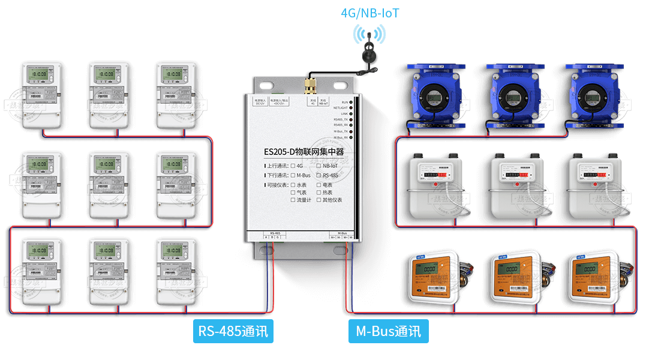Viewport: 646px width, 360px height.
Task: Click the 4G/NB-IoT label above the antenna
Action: (369, 13)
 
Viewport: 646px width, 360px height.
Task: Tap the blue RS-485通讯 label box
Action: (233, 331)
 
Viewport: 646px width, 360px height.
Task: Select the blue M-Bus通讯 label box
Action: (388, 331)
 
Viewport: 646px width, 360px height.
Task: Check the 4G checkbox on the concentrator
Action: (293, 166)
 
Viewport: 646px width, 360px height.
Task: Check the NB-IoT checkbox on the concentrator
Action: (319, 166)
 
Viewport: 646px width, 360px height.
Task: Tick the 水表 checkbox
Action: (293, 185)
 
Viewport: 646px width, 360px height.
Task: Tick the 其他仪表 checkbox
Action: (319, 200)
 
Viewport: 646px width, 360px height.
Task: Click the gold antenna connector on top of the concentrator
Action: (311, 86)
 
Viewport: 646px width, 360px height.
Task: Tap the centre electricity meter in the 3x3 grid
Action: (109, 185)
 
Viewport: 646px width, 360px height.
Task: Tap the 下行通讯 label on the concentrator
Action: (277, 175)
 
